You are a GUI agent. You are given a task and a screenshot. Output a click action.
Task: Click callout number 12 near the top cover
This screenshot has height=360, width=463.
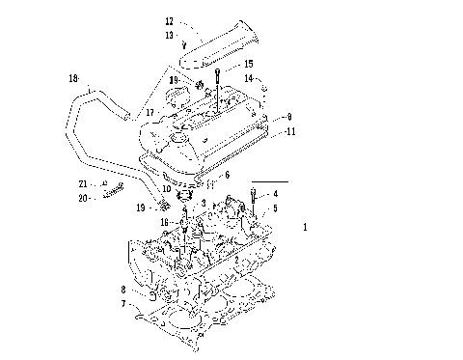pyautogui.click(x=169, y=21)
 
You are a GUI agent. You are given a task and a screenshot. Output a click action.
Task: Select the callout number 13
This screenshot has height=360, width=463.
pyautogui.click(x=169, y=34)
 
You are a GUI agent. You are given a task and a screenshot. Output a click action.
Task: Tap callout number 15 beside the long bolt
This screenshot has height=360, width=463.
pyautogui.click(x=221, y=64)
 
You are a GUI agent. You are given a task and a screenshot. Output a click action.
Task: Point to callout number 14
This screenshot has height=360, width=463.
pyautogui.click(x=248, y=77)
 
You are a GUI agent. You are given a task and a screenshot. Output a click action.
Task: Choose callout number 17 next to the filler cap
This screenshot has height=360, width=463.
pyautogui.click(x=150, y=113)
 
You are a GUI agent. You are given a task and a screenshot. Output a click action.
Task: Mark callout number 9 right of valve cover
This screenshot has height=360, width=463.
pyautogui.click(x=287, y=116)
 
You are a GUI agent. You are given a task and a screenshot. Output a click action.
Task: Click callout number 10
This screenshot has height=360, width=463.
pyautogui.click(x=167, y=188)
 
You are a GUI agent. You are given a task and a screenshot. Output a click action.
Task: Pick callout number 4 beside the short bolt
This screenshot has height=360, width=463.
pyautogui.click(x=275, y=194)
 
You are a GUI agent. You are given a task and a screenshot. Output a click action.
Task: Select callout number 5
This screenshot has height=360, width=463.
pyautogui.click(x=275, y=208)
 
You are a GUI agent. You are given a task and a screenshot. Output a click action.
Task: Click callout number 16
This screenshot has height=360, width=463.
pyautogui.click(x=165, y=221)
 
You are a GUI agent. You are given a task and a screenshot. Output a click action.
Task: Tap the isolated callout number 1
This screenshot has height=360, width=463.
pyautogui.click(x=305, y=229)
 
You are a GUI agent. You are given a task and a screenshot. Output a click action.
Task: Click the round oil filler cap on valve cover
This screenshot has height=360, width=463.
pyautogui.click(x=180, y=98)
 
